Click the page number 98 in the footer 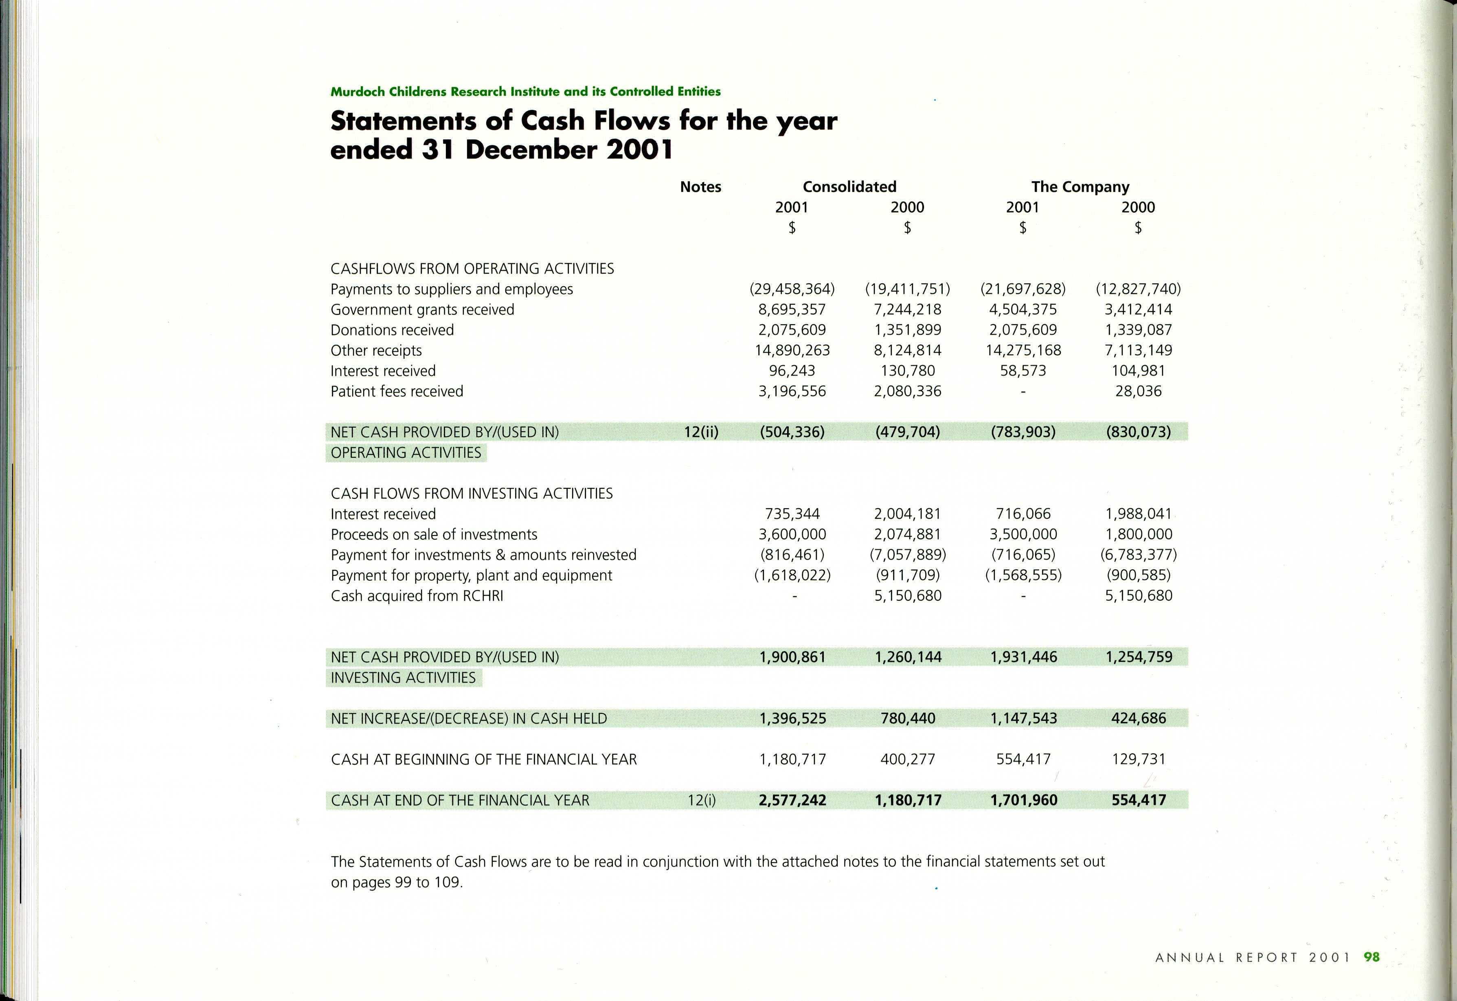click(1372, 957)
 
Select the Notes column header click(700, 187)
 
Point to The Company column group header click(1080, 187)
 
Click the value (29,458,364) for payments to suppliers click(792, 289)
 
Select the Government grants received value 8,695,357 click(792, 310)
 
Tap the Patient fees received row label click(397, 391)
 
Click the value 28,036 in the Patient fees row click(1139, 391)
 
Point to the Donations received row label click(392, 330)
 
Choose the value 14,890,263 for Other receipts click(792, 351)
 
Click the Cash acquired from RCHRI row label click(417, 596)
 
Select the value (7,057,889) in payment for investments click(908, 555)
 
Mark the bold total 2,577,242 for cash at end click(792, 800)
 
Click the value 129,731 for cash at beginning click(1139, 760)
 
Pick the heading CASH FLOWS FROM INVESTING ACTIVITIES click(472, 494)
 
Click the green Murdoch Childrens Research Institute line click(526, 92)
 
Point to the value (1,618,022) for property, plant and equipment click(792, 575)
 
